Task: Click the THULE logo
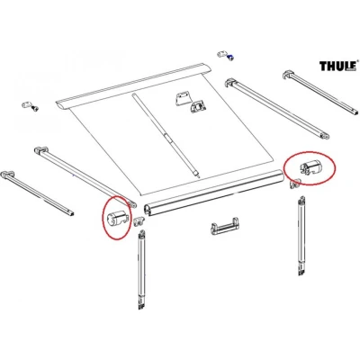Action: tap(338, 66)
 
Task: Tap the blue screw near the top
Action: tap(230, 57)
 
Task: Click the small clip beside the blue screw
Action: tap(222, 54)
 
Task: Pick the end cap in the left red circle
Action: tap(118, 217)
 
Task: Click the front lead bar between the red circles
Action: tap(213, 193)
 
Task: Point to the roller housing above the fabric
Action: tap(132, 86)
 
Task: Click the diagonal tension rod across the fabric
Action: tap(166, 136)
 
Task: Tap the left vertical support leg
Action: tap(142, 269)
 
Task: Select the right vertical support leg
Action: tap(301, 236)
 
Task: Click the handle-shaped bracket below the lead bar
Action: tap(225, 227)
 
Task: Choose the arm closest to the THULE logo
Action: tap(320, 92)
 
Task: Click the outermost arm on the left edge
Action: tap(37, 193)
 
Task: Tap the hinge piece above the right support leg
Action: tap(295, 184)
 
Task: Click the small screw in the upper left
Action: tap(35, 109)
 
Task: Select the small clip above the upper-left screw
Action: tap(27, 105)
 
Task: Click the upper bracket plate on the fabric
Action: tap(183, 99)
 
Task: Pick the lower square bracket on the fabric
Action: tap(198, 107)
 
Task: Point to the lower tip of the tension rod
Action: tap(200, 178)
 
